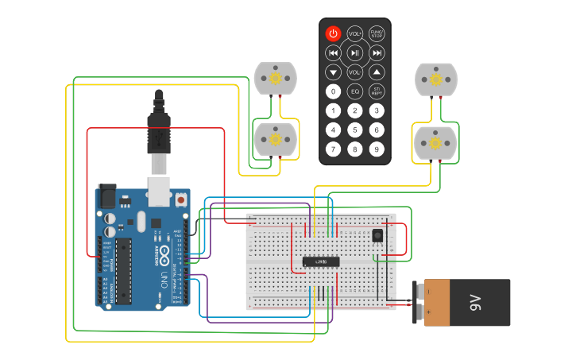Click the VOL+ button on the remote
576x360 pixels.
tap(355, 33)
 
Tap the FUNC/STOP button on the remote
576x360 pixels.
tap(377, 33)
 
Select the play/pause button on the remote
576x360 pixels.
tap(355, 53)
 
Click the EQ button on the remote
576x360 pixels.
tap(355, 91)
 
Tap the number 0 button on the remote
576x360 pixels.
tap(334, 91)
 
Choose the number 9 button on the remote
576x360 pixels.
tap(377, 149)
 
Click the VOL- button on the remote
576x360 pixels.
tap(355, 72)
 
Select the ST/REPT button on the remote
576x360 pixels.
tap(377, 91)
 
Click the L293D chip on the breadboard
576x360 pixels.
tap(321, 261)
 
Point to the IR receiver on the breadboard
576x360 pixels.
tap(377, 235)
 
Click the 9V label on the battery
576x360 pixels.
tap(475, 302)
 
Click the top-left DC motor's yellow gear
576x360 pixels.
tap(276, 78)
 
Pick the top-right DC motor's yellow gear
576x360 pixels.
tap(436, 79)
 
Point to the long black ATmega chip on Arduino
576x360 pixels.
tap(123, 270)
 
